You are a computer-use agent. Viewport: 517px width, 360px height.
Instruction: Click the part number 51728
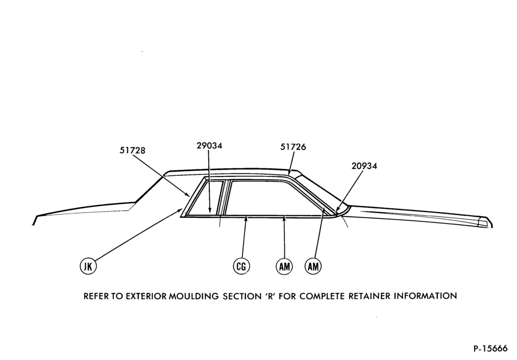(x=132, y=151)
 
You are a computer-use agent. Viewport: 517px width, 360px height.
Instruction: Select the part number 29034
(x=209, y=145)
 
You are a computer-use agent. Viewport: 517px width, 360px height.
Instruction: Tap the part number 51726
(x=293, y=147)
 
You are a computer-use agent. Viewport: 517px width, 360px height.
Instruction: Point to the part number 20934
(x=364, y=166)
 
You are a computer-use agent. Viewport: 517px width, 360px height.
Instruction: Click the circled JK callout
(x=88, y=266)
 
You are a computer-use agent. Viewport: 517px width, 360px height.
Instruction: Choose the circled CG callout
(x=241, y=266)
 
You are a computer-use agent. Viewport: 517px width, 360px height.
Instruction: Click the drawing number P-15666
(x=490, y=349)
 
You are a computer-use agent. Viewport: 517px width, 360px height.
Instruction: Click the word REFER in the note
(x=96, y=296)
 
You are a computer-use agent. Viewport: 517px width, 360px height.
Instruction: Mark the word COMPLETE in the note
(x=317, y=296)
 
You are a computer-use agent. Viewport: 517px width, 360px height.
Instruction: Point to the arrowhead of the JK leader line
(x=180, y=209)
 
